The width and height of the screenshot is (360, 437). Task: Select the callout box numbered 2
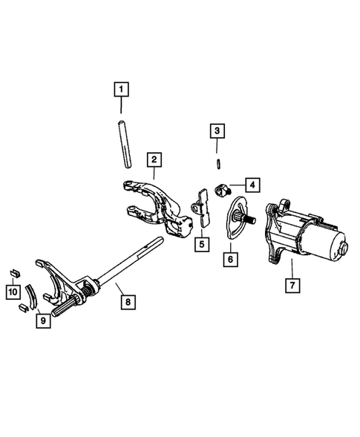pyautogui.click(x=153, y=159)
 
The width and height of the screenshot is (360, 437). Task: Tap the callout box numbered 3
pyautogui.click(x=217, y=131)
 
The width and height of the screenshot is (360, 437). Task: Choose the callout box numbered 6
pyautogui.click(x=231, y=259)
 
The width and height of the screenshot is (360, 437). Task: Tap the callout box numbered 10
pyautogui.click(x=13, y=292)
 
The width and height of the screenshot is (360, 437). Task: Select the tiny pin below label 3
pyautogui.click(x=217, y=162)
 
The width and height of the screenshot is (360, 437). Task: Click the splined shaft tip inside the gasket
pyautogui.click(x=244, y=218)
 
